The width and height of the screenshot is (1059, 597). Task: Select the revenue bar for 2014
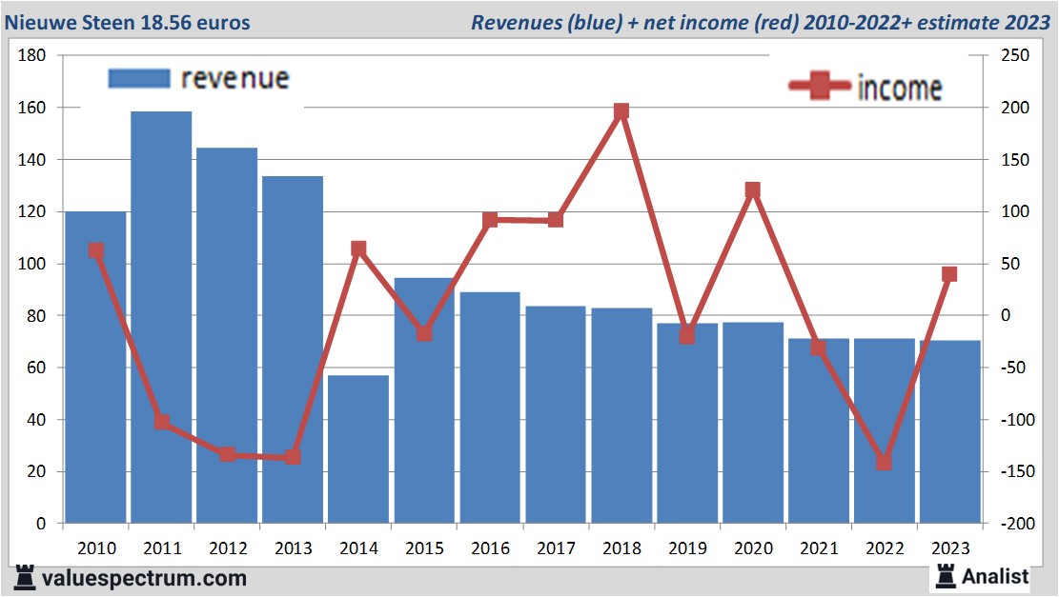coord(358,448)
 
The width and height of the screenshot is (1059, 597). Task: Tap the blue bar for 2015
coord(424,400)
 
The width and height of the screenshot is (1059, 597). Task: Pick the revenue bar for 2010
coord(95,367)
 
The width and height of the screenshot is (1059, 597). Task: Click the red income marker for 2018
coord(621,111)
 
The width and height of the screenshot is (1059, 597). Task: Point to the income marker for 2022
coord(884,462)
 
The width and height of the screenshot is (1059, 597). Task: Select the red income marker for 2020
coord(752,190)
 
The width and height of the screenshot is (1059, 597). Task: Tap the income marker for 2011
coord(161,422)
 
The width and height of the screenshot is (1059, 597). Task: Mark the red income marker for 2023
coord(949,274)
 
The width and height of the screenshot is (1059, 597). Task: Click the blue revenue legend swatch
coord(139,78)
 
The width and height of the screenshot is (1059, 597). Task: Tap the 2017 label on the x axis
coord(556,549)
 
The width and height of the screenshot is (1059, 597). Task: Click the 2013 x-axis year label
coord(293,549)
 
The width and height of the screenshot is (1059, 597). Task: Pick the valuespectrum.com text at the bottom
coord(143,578)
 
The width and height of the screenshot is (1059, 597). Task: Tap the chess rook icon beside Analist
coord(946,575)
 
